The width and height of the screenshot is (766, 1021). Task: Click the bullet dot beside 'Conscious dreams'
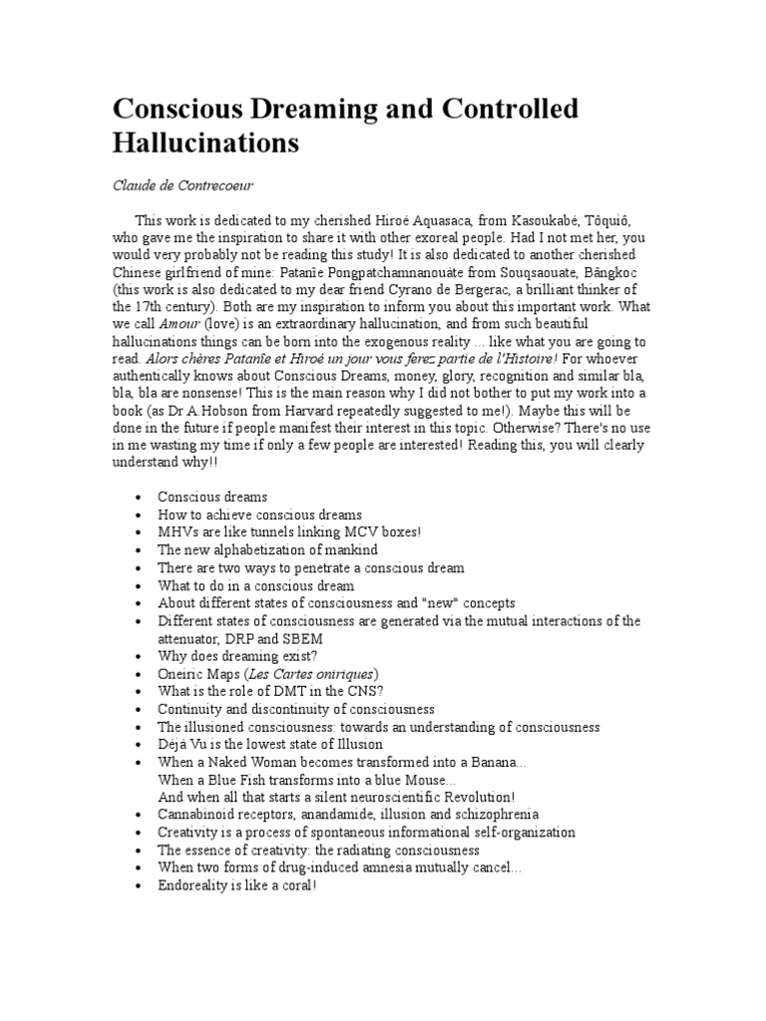[136, 497]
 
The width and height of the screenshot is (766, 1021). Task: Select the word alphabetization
[267, 550]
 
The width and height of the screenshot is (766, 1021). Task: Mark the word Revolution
[471, 799]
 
